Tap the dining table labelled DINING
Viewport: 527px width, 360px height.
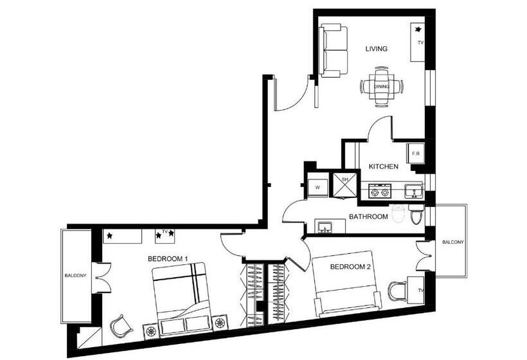(x=382, y=86)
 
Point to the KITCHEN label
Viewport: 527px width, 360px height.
(x=383, y=166)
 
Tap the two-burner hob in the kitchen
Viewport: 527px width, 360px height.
(x=379, y=191)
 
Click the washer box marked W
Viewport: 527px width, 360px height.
(x=317, y=187)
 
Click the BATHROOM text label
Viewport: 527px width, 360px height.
(x=368, y=217)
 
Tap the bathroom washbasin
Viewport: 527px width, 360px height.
(x=325, y=227)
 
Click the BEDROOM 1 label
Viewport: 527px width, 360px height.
(x=167, y=259)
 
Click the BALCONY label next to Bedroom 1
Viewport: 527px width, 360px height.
(x=75, y=276)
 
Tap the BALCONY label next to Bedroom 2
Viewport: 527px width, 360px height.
(x=452, y=242)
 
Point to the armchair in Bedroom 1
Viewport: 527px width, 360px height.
(x=120, y=326)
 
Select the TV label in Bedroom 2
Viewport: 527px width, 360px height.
(x=421, y=291)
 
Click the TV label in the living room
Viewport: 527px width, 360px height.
(x=420, y=43)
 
